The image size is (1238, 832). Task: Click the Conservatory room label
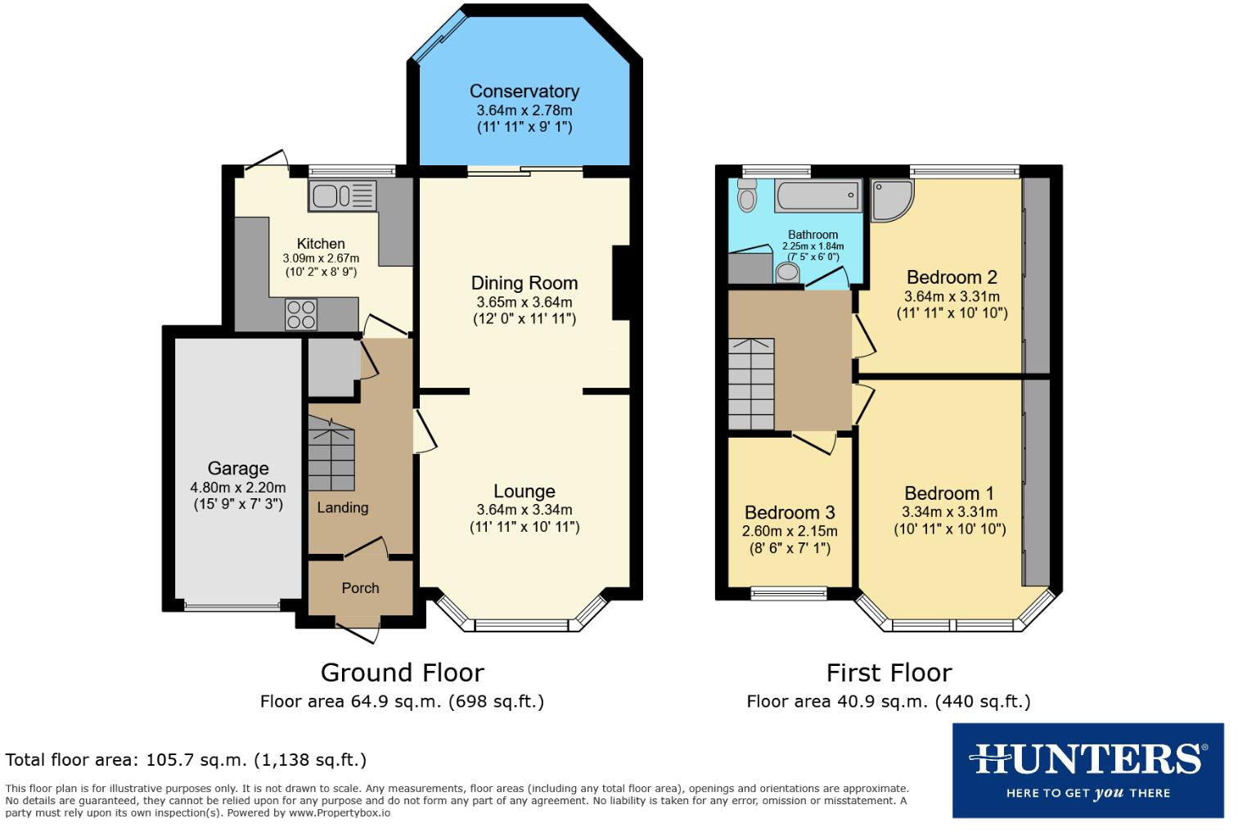(x=524, y=91)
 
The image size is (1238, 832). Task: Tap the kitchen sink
(x=343, y=196)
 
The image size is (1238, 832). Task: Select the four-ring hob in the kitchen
(x=301, y=314)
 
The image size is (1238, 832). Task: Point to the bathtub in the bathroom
(x=818, y=196)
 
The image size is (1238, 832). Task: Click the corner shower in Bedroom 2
(x=892, y=200)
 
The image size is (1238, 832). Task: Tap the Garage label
(x=238, y=469)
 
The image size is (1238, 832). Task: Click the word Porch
(x=360, y=588)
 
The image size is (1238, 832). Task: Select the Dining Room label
(x=524, y=283)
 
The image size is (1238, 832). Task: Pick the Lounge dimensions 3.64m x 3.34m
(x=524, y=510)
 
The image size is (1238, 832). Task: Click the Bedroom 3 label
(x=790, y=513)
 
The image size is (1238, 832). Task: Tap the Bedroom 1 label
(x=949, y=493)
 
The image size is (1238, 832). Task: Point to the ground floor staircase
(x=331, y=454)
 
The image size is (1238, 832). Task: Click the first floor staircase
(x=751, y=384)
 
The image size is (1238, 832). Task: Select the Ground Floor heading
(x=403, y=673)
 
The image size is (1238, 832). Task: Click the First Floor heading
(x=889, y=673)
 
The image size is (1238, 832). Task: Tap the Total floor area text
(x=186, y=760)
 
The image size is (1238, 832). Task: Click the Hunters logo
(x=1088, y=771)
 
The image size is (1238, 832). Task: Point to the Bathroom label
(x=813, y=235)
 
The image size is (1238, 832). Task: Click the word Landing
(x=343, y=508)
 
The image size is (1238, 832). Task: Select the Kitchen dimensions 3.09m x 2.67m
(x=321, y=258)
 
